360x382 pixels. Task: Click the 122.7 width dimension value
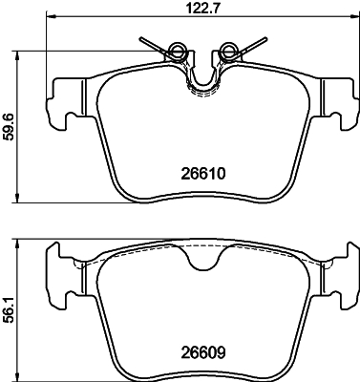coord(203,8)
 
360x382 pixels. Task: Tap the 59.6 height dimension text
coord(8,127)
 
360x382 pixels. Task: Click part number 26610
coord(203,174)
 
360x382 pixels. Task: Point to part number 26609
coord(203,352)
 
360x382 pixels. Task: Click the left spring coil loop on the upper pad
coord(177,50)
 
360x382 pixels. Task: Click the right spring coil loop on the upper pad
coord(228,50)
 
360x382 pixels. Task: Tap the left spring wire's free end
coord(140,39)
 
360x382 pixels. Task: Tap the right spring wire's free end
coord(265,39)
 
